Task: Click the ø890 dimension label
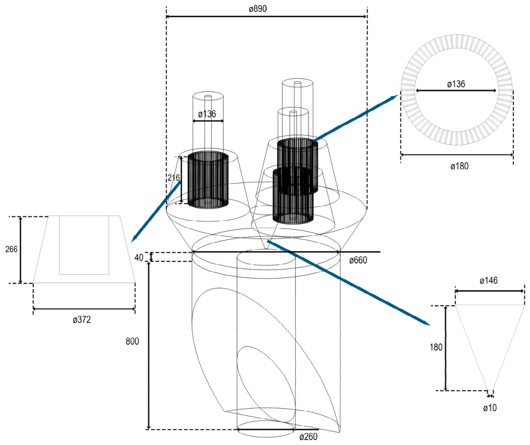257,8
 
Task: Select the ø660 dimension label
358,261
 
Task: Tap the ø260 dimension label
308,437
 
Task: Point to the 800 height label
132,341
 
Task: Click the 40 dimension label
139,258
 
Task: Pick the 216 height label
174,178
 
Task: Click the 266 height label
11,250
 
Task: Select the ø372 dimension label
82,319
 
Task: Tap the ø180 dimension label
460,166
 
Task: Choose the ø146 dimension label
489,280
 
